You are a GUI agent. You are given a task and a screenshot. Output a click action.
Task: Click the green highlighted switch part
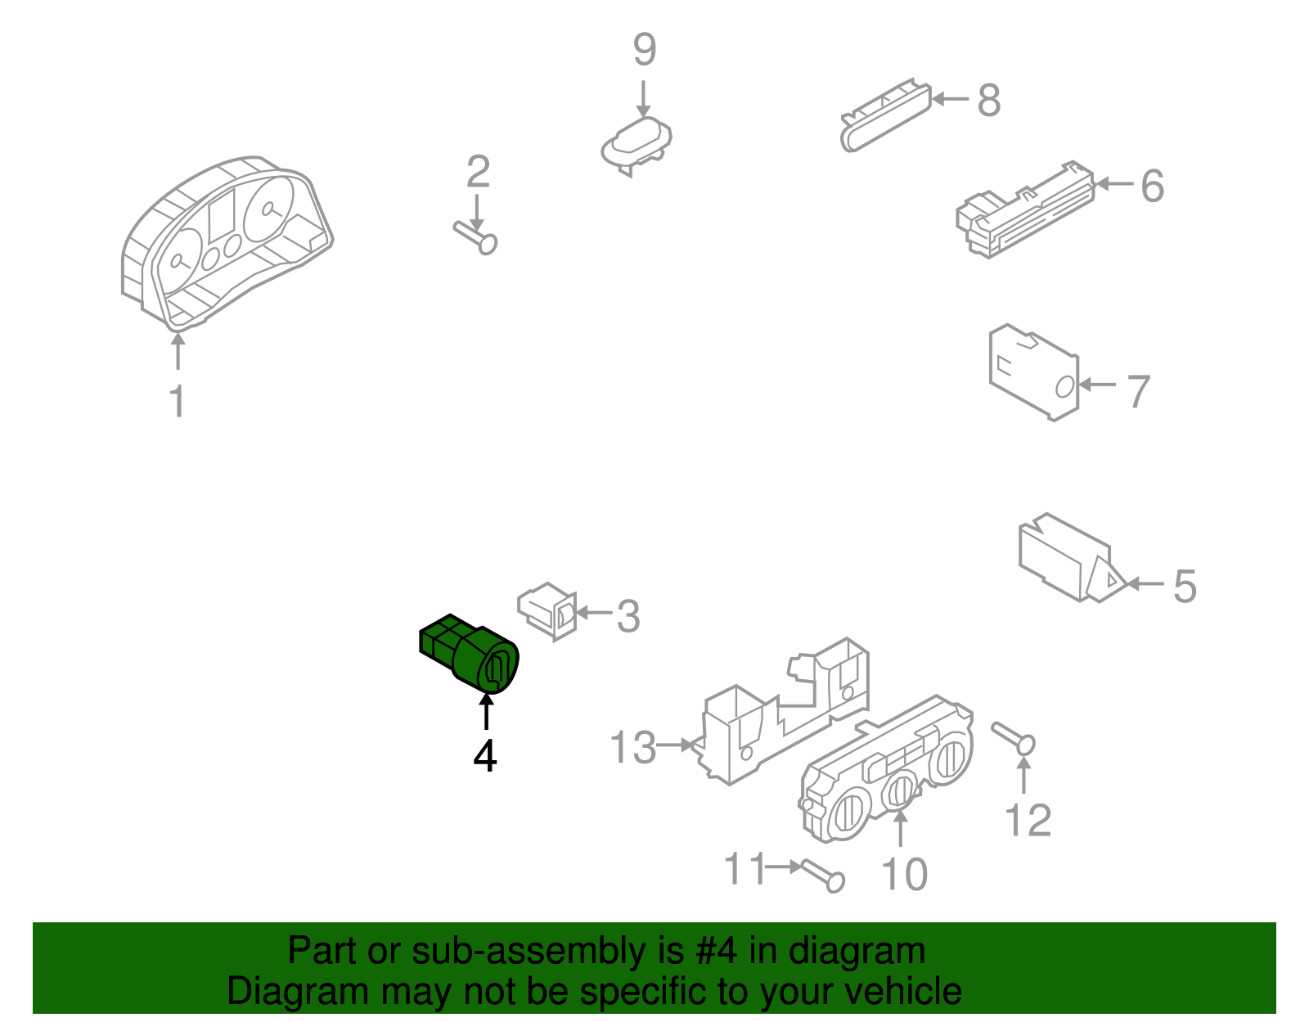[x=469, y=654]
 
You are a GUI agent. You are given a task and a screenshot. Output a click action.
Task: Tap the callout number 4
[x=485, y=756]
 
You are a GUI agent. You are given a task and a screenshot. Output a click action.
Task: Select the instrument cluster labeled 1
[x=227, y=243]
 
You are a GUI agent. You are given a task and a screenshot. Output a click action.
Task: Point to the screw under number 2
[x=475, y=237]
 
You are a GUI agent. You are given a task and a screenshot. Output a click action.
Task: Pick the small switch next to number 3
[x=547, y=611]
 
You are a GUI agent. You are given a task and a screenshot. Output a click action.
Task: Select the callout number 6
[x=1153, y=186]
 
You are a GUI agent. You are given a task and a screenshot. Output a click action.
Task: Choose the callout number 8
[x=989, y=100]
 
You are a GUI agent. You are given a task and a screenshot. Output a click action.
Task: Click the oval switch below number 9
[x=637, y=145]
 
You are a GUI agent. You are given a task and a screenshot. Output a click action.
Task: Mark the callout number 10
[x=904, y=874]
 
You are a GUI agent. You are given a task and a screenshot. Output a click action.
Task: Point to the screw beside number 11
[x=822, y=877]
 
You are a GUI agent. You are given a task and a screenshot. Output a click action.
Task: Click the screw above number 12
[x=1013, y=738]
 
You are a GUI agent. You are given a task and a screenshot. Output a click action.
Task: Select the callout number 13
[x=632, y=747]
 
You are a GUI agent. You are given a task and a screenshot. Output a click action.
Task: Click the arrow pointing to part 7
[x=1097, y=385]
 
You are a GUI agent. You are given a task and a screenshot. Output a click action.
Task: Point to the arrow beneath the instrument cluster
[x=178, y=350]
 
